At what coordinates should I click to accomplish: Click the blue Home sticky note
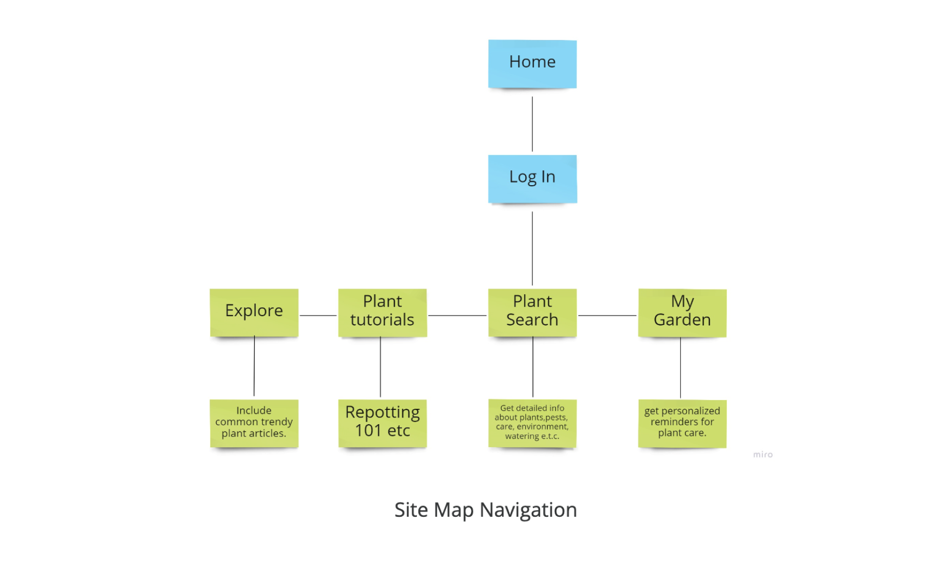point(532,63)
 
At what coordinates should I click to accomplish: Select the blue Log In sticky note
point(532,179)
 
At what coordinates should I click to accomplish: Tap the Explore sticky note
point(254,312)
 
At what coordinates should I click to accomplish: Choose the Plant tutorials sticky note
point(383,312)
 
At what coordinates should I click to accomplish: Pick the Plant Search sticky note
point(532,312)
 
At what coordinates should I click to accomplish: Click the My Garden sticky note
point(682,312)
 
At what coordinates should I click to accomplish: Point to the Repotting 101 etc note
point(383,423)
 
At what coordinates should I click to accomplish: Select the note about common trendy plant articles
point(254,423)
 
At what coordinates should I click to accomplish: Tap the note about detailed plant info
point(532,423)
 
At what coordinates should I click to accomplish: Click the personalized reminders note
point(682,423)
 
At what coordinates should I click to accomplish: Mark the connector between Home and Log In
point(532,124)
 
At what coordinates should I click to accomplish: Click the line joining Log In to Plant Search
point(532,248)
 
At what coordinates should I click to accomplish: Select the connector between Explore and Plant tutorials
point(318,315)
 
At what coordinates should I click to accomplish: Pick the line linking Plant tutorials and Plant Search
point(457,315)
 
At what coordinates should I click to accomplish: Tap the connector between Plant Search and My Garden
point(607,315)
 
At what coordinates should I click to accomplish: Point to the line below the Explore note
point(254,366)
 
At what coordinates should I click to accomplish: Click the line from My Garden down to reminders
point(680,367)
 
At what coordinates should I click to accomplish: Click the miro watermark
point(762,454)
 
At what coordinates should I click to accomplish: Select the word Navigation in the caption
point(528,510)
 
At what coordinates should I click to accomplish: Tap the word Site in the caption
point(411,510)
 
